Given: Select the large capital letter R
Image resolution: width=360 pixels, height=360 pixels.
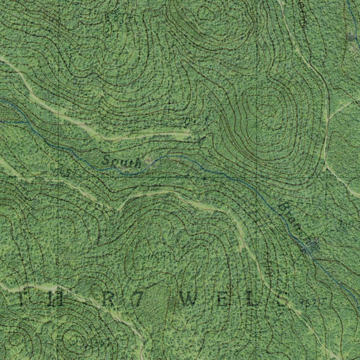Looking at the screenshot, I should click(108, 299).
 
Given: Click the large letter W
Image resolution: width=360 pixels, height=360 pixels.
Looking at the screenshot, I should click(190, 300).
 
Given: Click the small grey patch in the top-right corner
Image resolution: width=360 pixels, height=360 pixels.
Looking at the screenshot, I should click(351, 37).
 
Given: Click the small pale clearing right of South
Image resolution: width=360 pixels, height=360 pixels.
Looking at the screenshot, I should click(149, 161).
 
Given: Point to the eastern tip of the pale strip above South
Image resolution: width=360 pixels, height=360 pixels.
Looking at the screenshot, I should click(189, 134).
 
